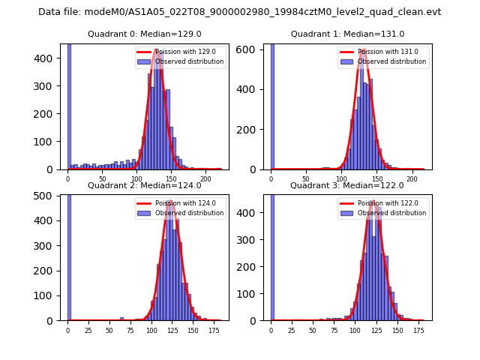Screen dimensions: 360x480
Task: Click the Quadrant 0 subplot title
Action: coord(144,34)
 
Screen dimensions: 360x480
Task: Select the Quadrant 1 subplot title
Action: coord(347,34)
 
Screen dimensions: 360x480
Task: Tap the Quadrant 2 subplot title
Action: coord(144,185)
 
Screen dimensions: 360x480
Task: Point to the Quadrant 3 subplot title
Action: coord(347,185)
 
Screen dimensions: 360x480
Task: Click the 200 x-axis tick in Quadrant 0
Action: coord(206,178)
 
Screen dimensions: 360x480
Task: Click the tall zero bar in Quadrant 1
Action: coord(271,105)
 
